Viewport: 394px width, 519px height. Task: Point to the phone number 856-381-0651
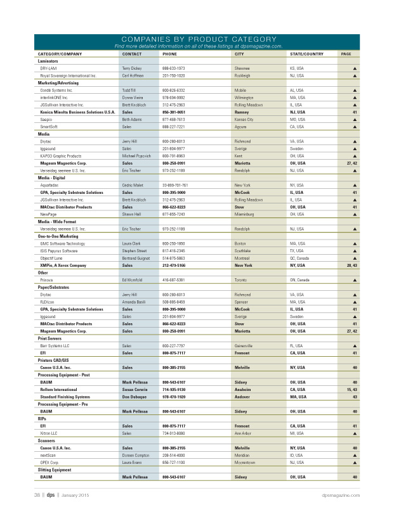tap(174, 112)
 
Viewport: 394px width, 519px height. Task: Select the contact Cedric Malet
tap(134, 185)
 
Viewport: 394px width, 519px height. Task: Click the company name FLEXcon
tap(49, 302)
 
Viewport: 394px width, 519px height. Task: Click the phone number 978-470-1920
tap(174, 397)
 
